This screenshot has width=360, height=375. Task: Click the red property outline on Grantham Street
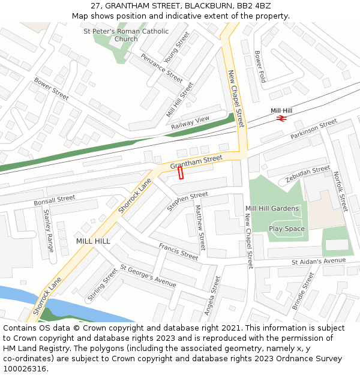(x=181, y=173)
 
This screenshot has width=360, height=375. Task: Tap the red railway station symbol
(x=280, y=118)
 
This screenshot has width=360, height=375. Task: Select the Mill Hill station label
(x=281, y=110)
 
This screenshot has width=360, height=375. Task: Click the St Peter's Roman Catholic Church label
(x=126, y=35)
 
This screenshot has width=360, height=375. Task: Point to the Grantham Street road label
(x=196, y=161)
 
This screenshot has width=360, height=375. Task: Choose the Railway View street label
(x=190, y=123)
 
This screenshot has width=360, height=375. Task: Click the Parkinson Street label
(x=314, y=130)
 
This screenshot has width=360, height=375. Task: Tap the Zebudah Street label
(x=308, y=174)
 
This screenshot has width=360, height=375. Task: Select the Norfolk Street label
(x=340, y=191)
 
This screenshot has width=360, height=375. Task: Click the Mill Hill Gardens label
(x=272, y=209)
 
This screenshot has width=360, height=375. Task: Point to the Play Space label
(x=287, y=229)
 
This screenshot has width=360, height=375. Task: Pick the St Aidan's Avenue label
(x=319, y=261)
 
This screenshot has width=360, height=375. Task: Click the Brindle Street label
(x=303, y=291)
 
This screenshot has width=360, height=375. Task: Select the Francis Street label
(x=178, y=251)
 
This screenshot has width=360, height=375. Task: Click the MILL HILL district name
(x=93, y=241)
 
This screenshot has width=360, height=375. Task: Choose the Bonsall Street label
(x=55, y=199)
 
